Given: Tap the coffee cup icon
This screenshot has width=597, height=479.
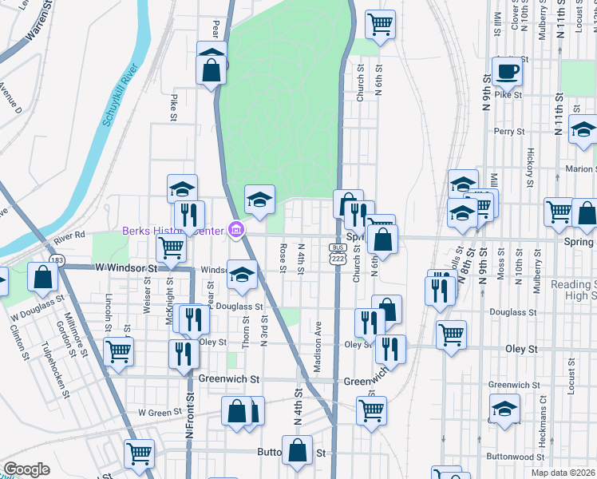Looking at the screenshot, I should (x=506, y=72).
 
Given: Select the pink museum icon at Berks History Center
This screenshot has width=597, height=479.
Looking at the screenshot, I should (x=235, y=232).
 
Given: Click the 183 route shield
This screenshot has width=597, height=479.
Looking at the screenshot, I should (x=56, y=259).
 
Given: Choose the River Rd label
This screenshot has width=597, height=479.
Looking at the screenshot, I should (x=70, y=236).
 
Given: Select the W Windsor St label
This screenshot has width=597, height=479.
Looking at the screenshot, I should (x=124, y=268).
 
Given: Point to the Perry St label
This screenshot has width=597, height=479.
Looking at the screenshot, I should (x=508, y=131).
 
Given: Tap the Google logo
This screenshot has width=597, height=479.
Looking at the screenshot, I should (x=26, y=469).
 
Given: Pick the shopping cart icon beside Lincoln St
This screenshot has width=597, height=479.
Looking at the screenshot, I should (x=118, y=351).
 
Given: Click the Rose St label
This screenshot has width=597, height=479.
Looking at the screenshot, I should (x=283, y=257).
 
